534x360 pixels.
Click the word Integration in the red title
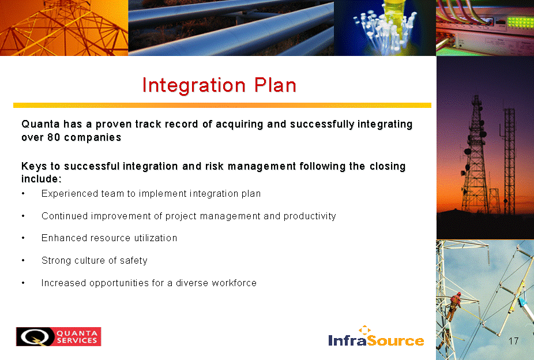click(193, 85)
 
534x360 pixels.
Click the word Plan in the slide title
click(275, 85)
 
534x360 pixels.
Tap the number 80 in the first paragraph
click(54, 137)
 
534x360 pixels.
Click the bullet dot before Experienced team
click(23, 193)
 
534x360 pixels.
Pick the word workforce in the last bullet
click(234, 283)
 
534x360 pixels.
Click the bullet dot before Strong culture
click(23, 261)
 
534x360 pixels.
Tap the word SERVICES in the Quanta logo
click(77, 340)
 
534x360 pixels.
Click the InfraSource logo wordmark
click(376, 340)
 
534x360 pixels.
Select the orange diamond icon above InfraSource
click(364, 329)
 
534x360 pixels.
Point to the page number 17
click(514, 341)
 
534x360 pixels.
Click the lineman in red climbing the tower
click(454, 306)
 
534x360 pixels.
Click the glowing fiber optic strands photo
click(385, 28)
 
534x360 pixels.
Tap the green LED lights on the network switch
click(520, 22)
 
